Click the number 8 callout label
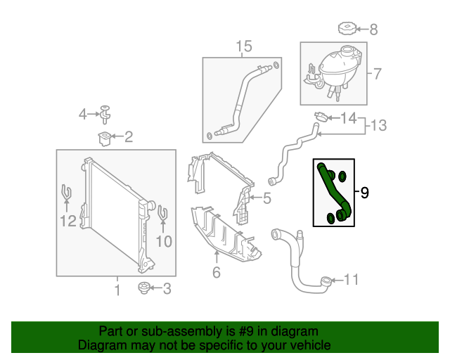point(373,30)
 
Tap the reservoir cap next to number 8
point(347,30)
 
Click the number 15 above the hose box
point(243,47)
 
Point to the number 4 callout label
point(83,114)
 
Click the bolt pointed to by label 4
point(105,111)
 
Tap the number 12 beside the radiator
point(67,222)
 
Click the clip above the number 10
point(162,212)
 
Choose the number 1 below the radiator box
point(117,290)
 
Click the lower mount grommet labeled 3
point(146,288)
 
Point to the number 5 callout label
point(266,199)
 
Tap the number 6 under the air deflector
point(216,272)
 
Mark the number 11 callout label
point(351,281)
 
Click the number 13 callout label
point(379,126)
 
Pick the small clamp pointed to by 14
point(320,116)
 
